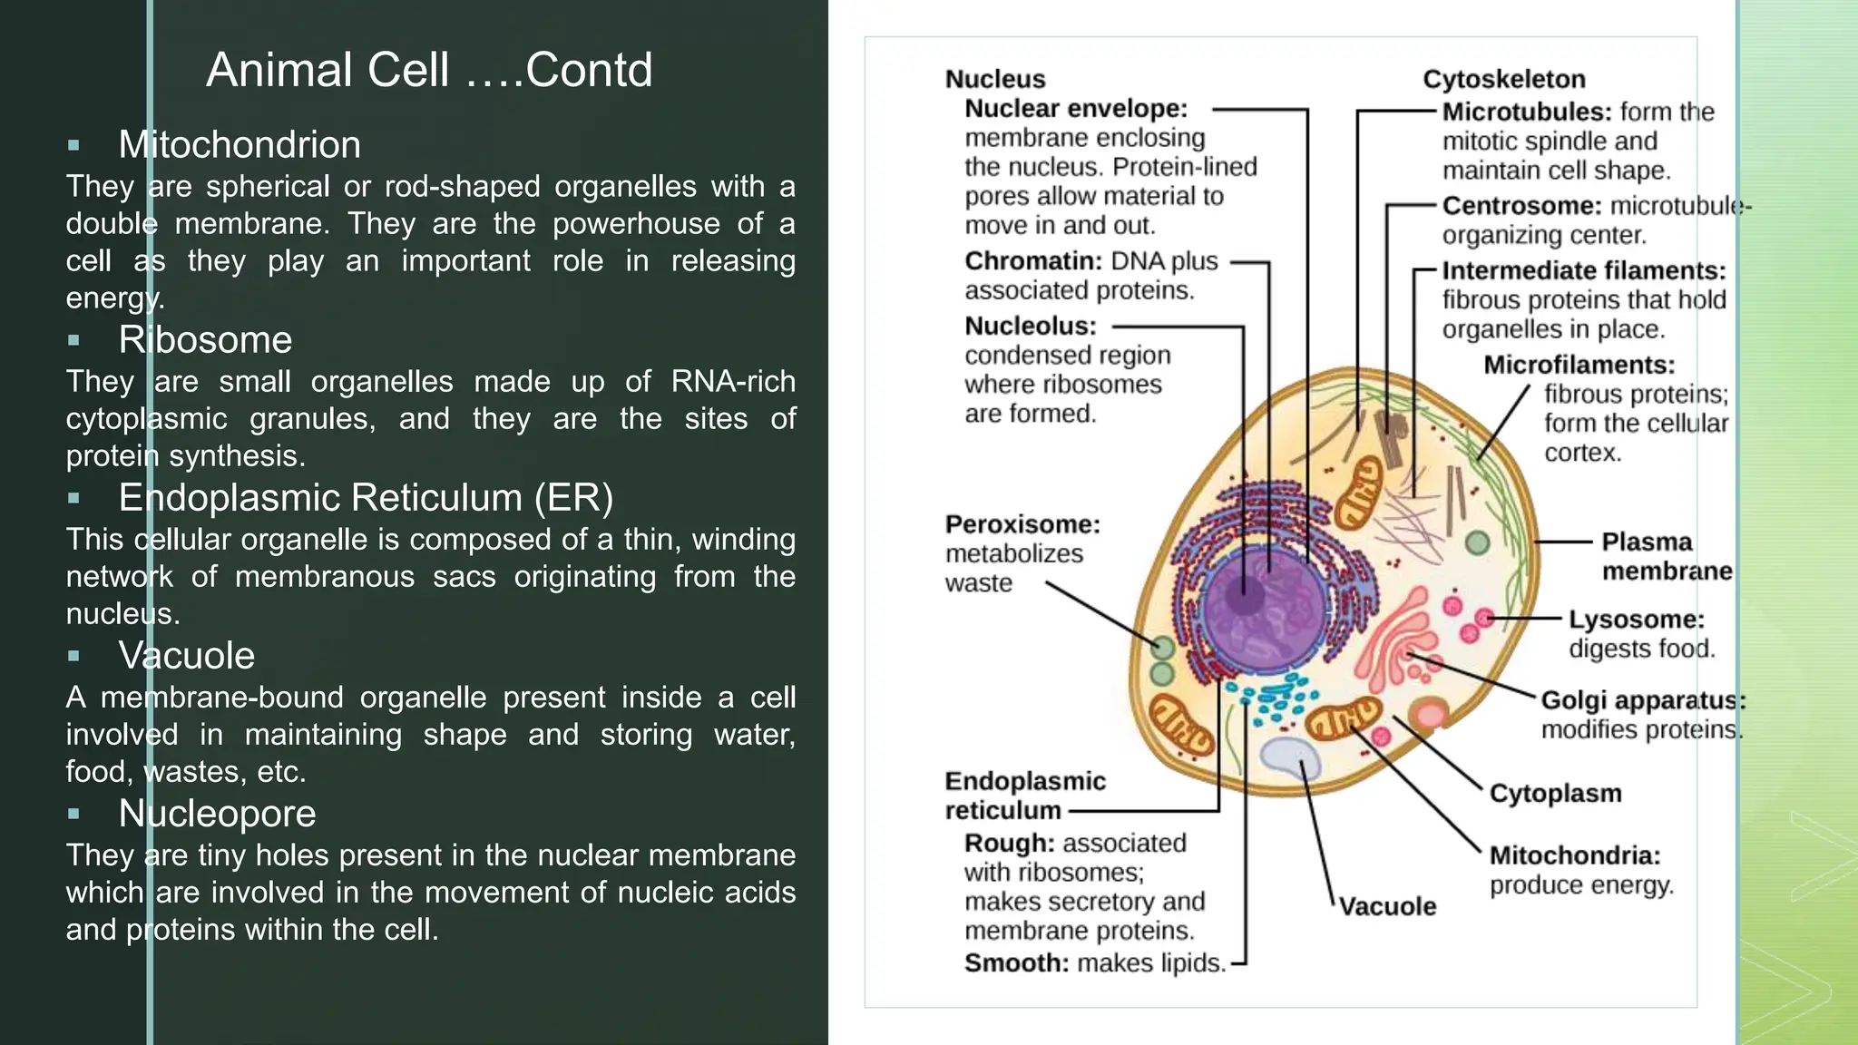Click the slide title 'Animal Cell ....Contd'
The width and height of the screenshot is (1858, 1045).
[429, 70]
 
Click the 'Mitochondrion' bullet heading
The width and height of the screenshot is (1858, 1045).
[240, 145]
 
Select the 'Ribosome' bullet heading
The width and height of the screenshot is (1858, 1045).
[205, 340]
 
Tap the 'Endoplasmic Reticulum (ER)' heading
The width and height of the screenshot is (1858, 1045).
[366, 498]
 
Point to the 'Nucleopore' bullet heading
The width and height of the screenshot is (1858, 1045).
[217, 814]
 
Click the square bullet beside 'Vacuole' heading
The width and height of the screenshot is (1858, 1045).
[73, 656]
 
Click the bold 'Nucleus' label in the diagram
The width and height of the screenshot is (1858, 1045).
[995, 80]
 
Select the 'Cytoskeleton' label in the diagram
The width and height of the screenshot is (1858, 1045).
[1503, 80]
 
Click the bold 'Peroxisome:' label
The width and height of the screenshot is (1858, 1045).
[1022, 524]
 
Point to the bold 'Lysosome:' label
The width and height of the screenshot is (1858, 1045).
[1637, 620]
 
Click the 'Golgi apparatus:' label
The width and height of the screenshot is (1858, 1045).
[1643, 700]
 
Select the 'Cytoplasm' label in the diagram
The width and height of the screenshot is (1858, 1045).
[1555, 793]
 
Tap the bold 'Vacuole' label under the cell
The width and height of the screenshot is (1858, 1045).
[1387, 906]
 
